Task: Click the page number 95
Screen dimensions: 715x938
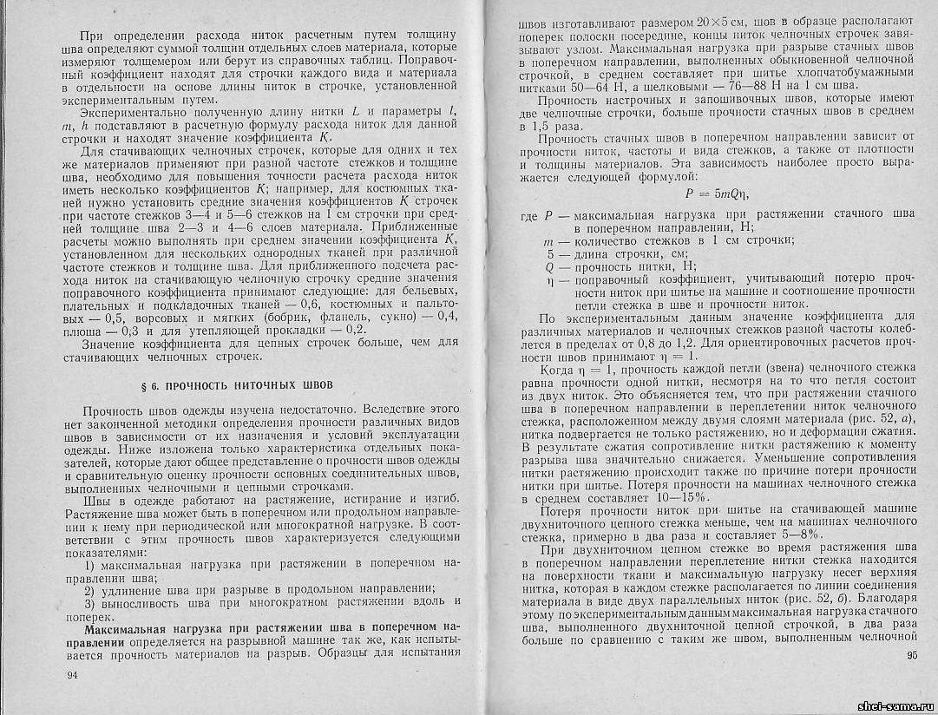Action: click(910, 656)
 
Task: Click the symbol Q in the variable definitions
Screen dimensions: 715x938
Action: click(549, 266)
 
